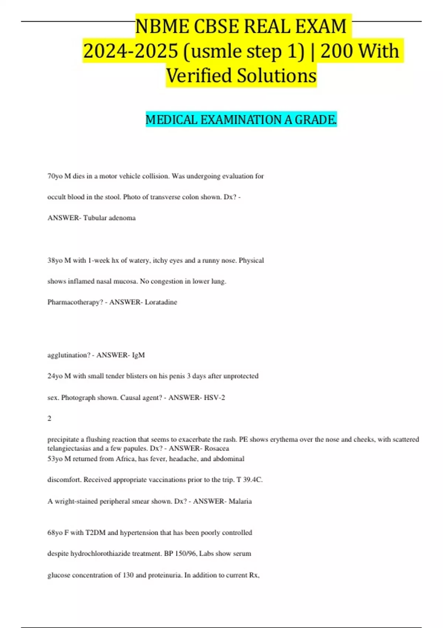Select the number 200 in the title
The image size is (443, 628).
[337, 51]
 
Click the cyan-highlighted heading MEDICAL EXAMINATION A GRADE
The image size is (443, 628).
[241, 120]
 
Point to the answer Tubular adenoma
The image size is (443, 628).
[109, 218]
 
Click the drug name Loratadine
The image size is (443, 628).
[161, 302]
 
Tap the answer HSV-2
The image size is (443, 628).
[214, 397]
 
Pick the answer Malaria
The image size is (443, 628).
[240, 501]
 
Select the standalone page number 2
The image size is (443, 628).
[49, 419]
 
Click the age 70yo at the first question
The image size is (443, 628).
[55, 176]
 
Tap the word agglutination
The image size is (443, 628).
[69, 355]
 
